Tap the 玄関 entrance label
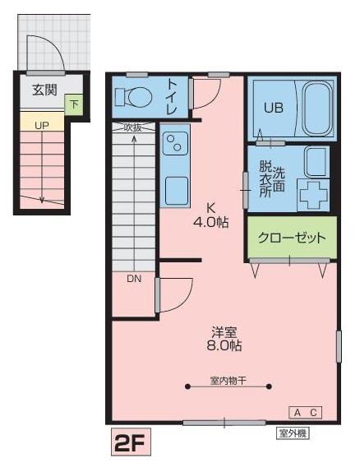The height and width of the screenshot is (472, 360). pyautogui.click(x=45, y=90)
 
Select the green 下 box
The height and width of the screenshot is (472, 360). pyautogui.click(x=74, y=104)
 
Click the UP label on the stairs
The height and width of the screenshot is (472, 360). pyautogui.click(x=41, y=124)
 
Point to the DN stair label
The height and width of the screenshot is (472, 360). pyautogui.click(x=133, y=278)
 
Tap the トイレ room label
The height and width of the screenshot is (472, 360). pyautogui.click(x=173, y=97)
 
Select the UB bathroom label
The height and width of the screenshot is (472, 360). pyautogui.click(x=273, y=107)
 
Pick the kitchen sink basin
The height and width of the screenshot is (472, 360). pyautogui.click(x=177, y=190)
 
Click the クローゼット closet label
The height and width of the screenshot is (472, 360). pyautogui.click(x=292, y=238)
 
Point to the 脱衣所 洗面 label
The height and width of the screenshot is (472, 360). pyautogui.click(x=272, y=177)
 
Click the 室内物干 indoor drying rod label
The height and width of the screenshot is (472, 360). pyautogui.click(x=228, y=381)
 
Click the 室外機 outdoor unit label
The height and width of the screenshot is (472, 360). pyautogui.click(x=293, y=432)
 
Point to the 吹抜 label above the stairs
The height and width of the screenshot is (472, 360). pyautogui.click(x=133, y=127)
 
